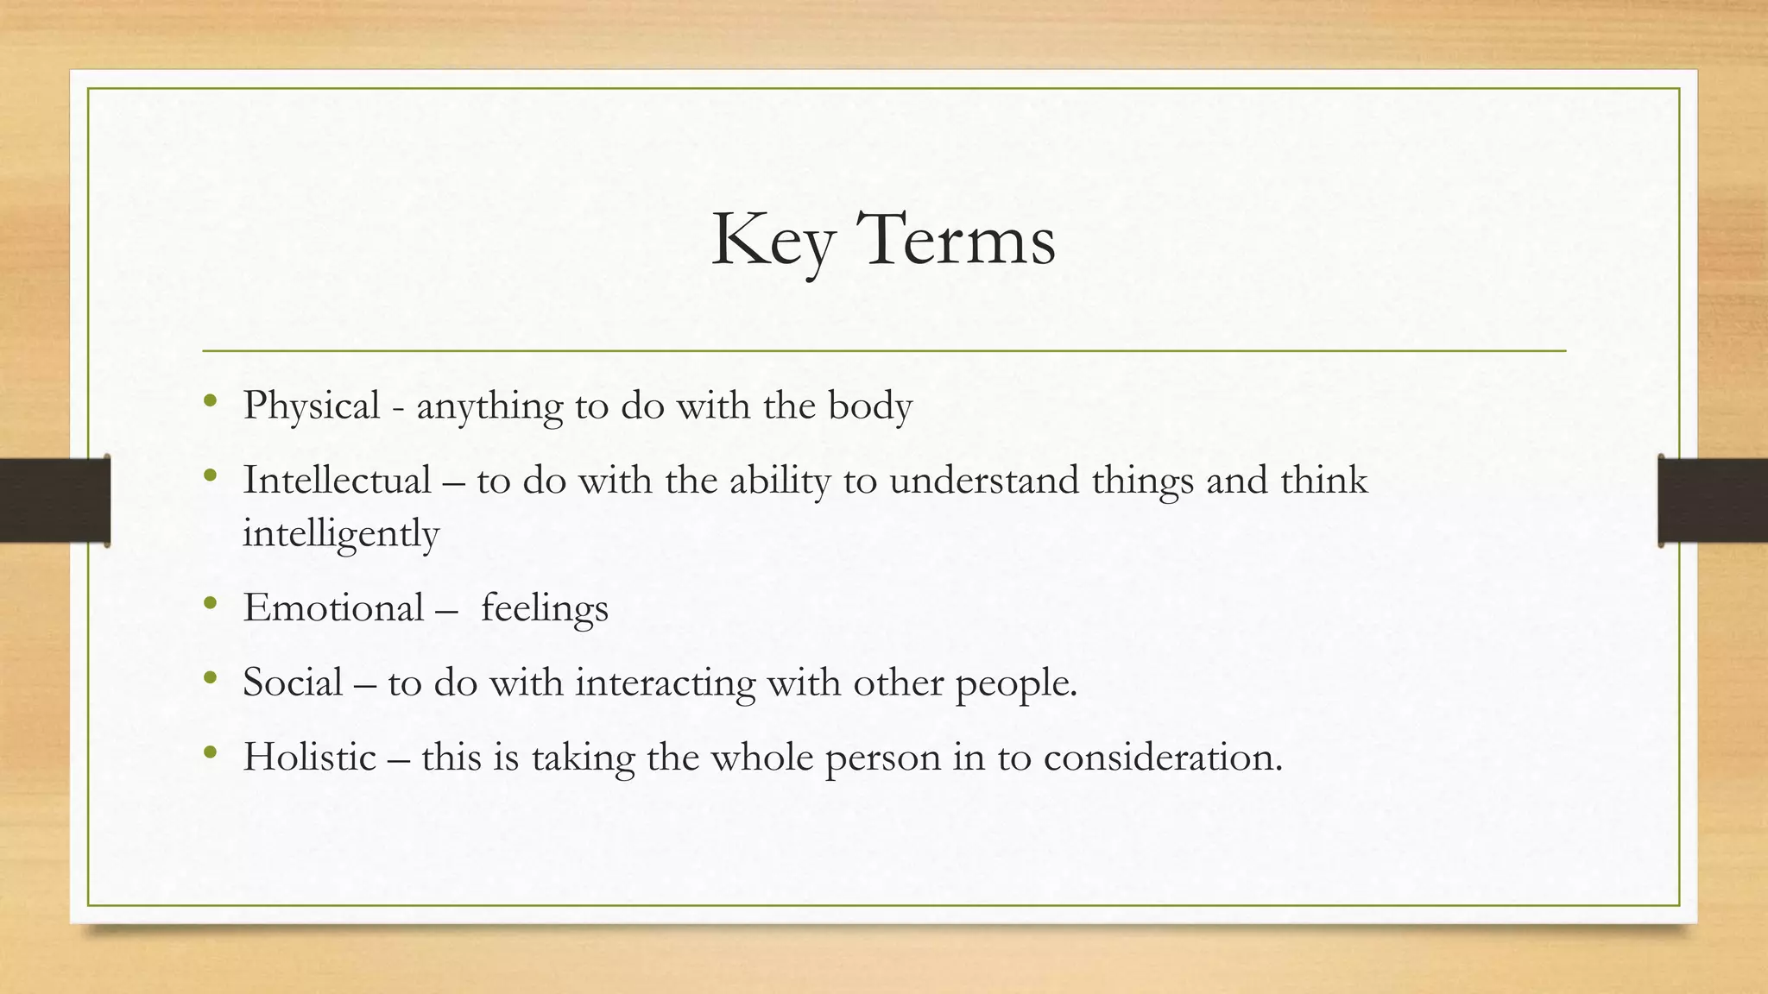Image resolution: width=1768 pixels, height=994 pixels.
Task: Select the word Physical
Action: [311, 406]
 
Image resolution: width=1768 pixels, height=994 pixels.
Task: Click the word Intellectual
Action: [337, 480]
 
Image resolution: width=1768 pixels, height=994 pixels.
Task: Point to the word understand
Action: [983, 480]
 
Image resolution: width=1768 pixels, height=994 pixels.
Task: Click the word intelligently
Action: [341, 533]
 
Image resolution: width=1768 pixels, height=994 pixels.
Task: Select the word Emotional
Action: [333, 607]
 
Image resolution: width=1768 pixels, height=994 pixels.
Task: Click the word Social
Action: [293, 683]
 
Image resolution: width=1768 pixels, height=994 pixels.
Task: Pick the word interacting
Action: [665, 683]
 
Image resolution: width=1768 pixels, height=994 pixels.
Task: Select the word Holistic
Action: [309, 757]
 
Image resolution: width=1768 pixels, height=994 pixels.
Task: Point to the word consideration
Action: [1162, 757]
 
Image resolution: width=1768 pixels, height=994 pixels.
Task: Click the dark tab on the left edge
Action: [54, 500]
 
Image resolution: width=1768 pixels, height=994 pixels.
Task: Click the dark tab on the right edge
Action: [1713, 500]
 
